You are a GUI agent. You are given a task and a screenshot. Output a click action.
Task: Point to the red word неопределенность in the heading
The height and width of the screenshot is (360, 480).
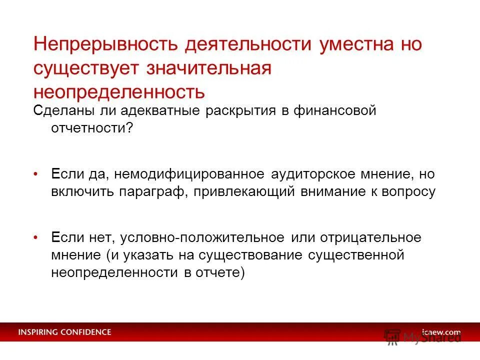pos(119,92)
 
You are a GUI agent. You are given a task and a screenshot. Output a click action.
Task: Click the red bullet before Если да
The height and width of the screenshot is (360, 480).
pos(36,174)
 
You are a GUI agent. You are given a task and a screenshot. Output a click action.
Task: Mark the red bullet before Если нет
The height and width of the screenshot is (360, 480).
pos(36,238)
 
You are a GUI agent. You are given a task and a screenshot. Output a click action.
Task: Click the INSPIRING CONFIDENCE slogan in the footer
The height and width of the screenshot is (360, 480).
pos(65,332)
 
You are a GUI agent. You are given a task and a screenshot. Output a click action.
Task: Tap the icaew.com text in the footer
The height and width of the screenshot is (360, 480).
pos(440,332)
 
